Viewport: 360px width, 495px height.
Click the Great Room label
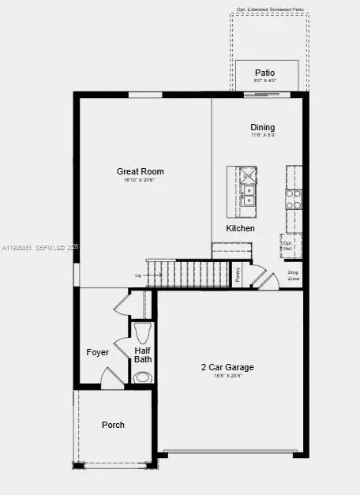140,171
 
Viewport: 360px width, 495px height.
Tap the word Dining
263,127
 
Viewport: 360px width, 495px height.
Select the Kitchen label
241,228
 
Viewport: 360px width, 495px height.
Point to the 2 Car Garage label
227,367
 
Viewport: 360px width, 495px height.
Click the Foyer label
97,352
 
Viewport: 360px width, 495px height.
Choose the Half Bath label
143,355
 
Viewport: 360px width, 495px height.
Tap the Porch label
113,425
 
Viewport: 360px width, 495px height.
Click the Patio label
264,73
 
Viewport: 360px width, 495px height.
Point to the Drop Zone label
293,276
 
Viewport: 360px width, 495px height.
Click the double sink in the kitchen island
249,195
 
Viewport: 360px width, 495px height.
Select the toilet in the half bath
143,331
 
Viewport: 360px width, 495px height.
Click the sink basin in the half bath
142,377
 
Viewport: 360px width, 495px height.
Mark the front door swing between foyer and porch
113,379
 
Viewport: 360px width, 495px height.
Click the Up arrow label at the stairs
140,276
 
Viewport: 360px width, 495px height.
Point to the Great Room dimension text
140,181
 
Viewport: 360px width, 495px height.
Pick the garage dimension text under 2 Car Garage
227,377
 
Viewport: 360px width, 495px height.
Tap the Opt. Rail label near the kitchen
287,245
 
